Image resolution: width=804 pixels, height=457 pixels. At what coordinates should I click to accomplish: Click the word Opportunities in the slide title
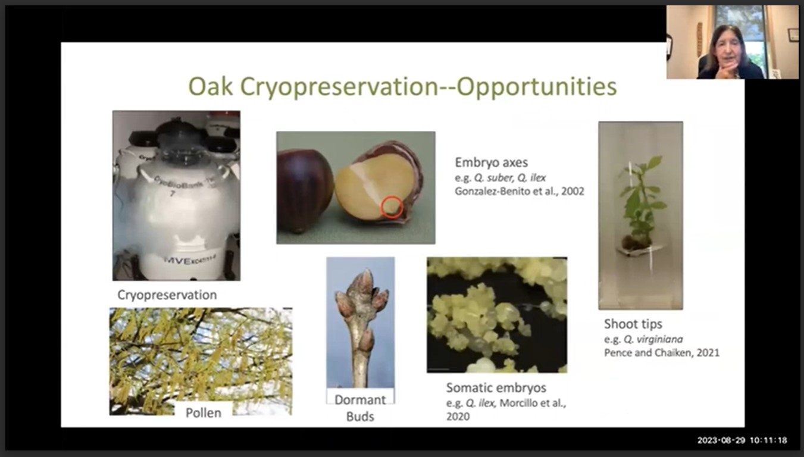point(536,87)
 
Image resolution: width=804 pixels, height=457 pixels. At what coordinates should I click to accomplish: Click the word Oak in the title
point(211,87)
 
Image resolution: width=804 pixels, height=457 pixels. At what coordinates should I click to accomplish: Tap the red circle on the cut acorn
point(391,207)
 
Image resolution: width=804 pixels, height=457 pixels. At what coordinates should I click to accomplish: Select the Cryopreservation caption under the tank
point(167,295)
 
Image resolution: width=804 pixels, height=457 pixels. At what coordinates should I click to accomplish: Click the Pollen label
point(204,412)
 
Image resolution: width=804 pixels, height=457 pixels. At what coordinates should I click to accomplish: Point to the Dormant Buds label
point(360,408)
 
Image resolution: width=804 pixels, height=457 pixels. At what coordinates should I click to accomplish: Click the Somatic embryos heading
point(496,388)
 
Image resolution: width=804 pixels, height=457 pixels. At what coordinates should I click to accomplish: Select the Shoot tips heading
point(633,324)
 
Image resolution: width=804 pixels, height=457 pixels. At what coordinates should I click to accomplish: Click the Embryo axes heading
point(491,162)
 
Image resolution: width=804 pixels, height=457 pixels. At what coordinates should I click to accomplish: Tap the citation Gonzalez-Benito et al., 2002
point(519,191)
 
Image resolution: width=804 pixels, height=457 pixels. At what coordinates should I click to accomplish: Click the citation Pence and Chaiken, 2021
point(661,352)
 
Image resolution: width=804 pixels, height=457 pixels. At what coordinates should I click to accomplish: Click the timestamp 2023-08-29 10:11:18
point(742,440)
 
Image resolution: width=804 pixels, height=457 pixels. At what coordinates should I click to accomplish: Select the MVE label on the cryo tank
point(178,261)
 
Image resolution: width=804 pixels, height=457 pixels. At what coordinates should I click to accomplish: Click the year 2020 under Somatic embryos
point(458,417)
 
